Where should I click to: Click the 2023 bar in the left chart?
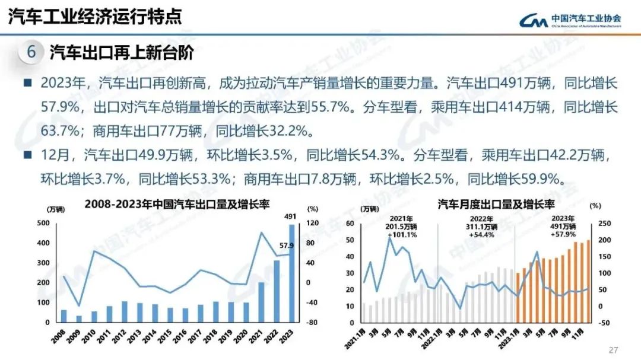pyautogui.click(x=292, y=273)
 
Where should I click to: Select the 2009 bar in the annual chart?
pyautogui.click(x=79, y=318)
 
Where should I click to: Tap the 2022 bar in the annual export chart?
pyautogui.click(x=276, y=291)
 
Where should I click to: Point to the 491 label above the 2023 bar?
pyautogui.click(x=291, y=216)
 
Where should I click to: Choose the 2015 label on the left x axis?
pyautogui.click(x=169, y=336)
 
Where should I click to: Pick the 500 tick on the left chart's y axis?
pyautogui.click(x=43, y=223)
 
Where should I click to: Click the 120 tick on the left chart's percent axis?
pyautogui.click(x=313, y=223)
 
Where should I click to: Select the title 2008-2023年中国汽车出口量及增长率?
pyautogui.click(x=177, y=205)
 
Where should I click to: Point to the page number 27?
pyautogui.click(x=614, y=349)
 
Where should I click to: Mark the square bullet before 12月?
pyautogui.click(x=27, y=155)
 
